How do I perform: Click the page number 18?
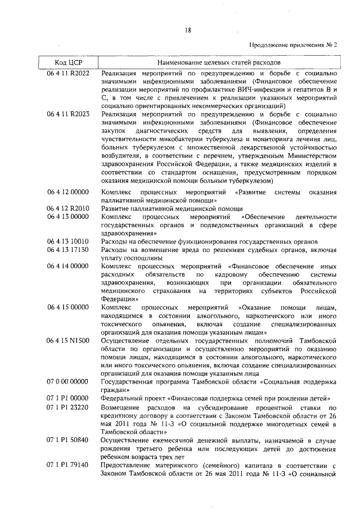coord(188,31)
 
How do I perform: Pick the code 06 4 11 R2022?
coord(69,73)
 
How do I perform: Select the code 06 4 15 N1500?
coord(69,340)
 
